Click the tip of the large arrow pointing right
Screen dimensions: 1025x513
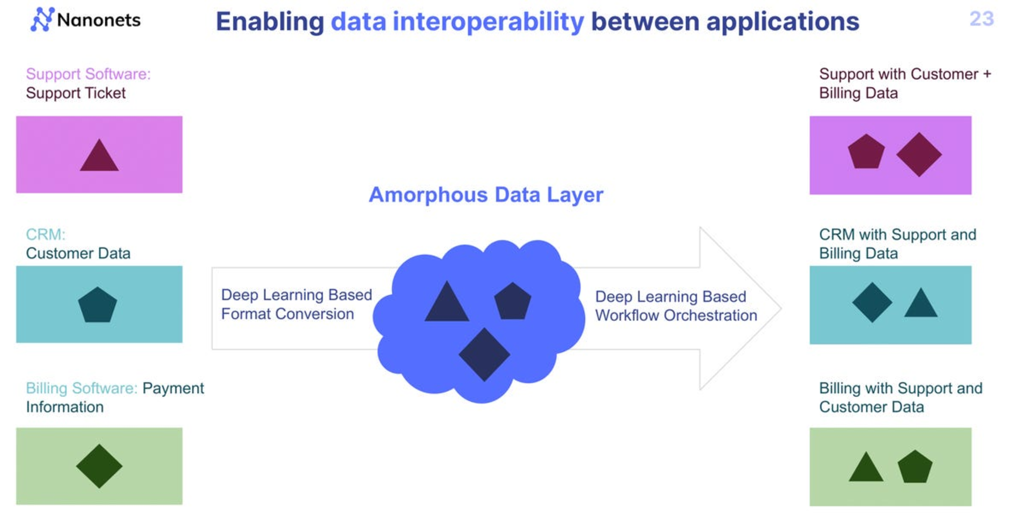coord(782,308)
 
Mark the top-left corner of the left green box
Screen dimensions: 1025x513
coord(17,428)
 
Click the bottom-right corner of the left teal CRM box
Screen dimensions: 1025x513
coord(182,342)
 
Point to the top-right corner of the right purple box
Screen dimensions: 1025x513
coord(971,117)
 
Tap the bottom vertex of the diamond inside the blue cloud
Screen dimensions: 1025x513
coord(484,381)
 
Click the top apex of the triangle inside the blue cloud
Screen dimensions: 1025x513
coord(447,281)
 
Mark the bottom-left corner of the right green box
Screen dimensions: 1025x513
coord(810,506)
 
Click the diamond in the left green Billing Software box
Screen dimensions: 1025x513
coord(99,466)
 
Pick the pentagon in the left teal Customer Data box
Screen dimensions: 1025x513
coord(97,305)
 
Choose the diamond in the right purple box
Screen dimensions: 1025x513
coord(919,154)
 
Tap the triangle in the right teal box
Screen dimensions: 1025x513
coord(921,303)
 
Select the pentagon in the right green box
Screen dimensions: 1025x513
coord(915,467)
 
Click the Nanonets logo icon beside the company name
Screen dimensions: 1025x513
coord(42,19)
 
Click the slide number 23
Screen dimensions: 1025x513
coord(982,19)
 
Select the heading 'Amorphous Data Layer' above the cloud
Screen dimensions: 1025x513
coord(486,195)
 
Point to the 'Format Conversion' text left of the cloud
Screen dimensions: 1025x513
coord(287,314)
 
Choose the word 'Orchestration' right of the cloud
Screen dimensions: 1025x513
coord(711,315)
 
